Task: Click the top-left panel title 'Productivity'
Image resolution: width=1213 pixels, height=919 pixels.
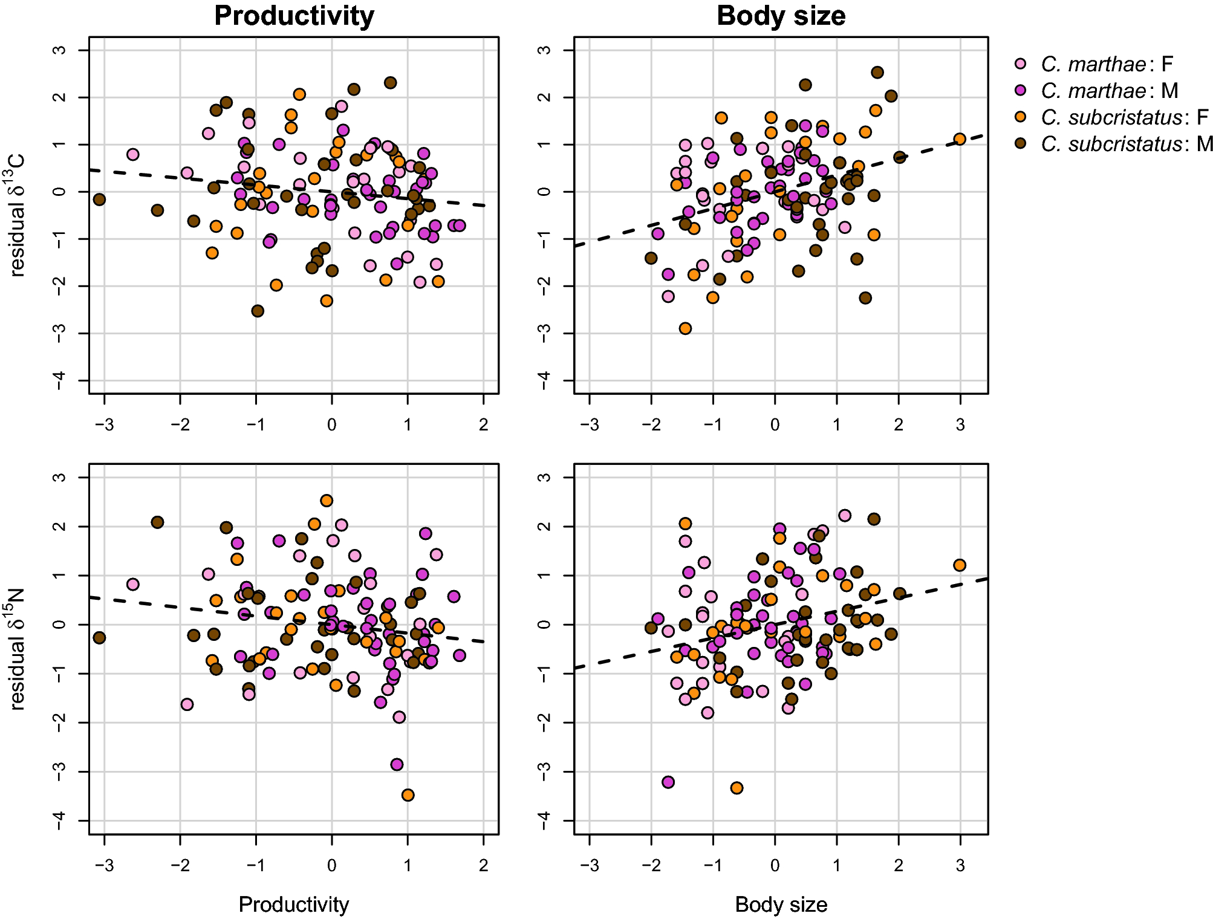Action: point(294,16)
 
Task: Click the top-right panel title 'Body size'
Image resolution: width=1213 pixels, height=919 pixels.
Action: point(781,16)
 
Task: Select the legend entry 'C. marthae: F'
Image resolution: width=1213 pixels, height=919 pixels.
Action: point(1106,64)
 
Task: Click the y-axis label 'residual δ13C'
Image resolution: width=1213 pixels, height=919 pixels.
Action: point(17,215)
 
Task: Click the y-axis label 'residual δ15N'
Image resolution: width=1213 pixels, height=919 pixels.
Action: point(17,648)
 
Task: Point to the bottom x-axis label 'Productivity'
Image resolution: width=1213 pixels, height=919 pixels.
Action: point(294,904)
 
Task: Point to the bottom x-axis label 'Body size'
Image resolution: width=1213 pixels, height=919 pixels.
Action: point(781,904)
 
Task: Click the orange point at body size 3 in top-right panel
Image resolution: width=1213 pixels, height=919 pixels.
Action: point(960,139)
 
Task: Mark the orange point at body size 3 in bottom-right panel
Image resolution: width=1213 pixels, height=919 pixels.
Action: point(960,565)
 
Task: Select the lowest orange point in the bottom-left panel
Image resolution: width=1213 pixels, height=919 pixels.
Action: point(408,795)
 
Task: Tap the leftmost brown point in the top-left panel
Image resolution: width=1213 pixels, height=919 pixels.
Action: point(100,200)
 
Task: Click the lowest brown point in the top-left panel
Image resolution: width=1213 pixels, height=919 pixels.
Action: point(258,311)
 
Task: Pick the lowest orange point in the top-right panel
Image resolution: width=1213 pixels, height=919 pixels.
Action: point(685,328)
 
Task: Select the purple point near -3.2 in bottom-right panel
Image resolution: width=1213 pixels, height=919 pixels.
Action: point(668,782)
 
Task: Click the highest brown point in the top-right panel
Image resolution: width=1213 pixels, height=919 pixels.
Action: point(877,73)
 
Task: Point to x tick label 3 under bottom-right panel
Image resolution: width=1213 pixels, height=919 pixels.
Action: point(960,866)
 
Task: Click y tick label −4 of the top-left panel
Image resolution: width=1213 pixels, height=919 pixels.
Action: point(59,380)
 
